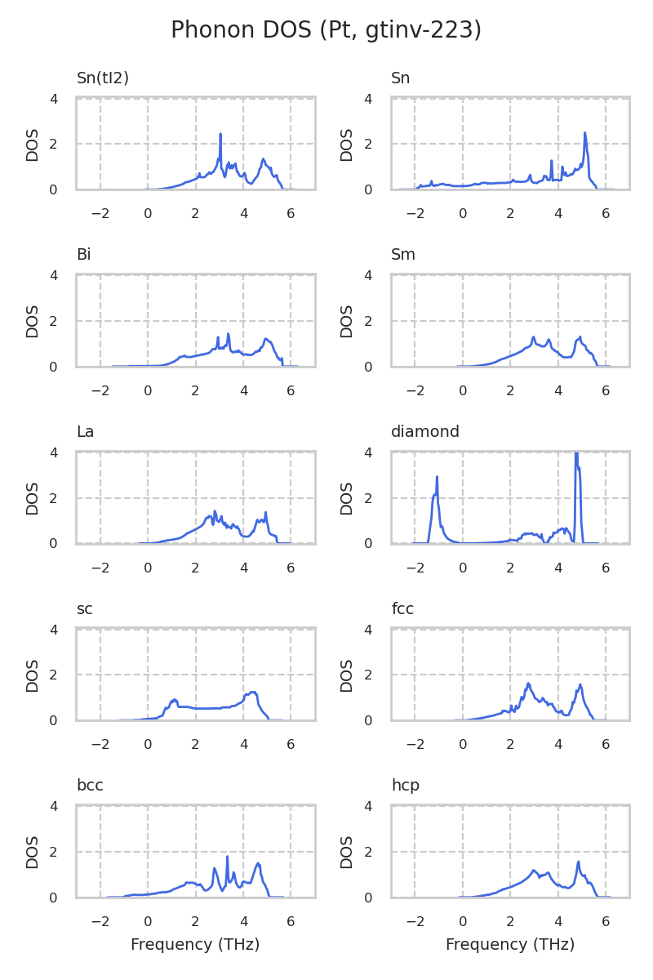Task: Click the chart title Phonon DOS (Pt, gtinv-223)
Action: [326, 30]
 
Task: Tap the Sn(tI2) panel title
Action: [103, 78]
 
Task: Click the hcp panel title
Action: [405, 786]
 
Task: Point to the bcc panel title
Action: [90, 786]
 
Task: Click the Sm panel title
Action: [403, 255]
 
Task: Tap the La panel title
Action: [86, 432]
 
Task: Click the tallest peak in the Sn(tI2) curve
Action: [220, 134]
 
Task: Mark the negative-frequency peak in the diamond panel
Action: [438, 477]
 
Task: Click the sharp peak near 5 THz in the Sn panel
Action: [585, 133]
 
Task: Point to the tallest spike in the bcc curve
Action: [227, 856]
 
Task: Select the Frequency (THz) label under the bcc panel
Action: [195, 945]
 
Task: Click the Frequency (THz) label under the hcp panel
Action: [510, 945]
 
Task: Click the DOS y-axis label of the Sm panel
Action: [348, 321]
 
